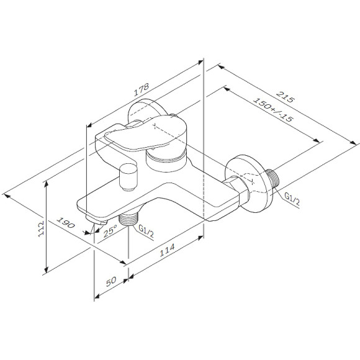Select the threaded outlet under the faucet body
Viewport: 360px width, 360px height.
tap(128, 218)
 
